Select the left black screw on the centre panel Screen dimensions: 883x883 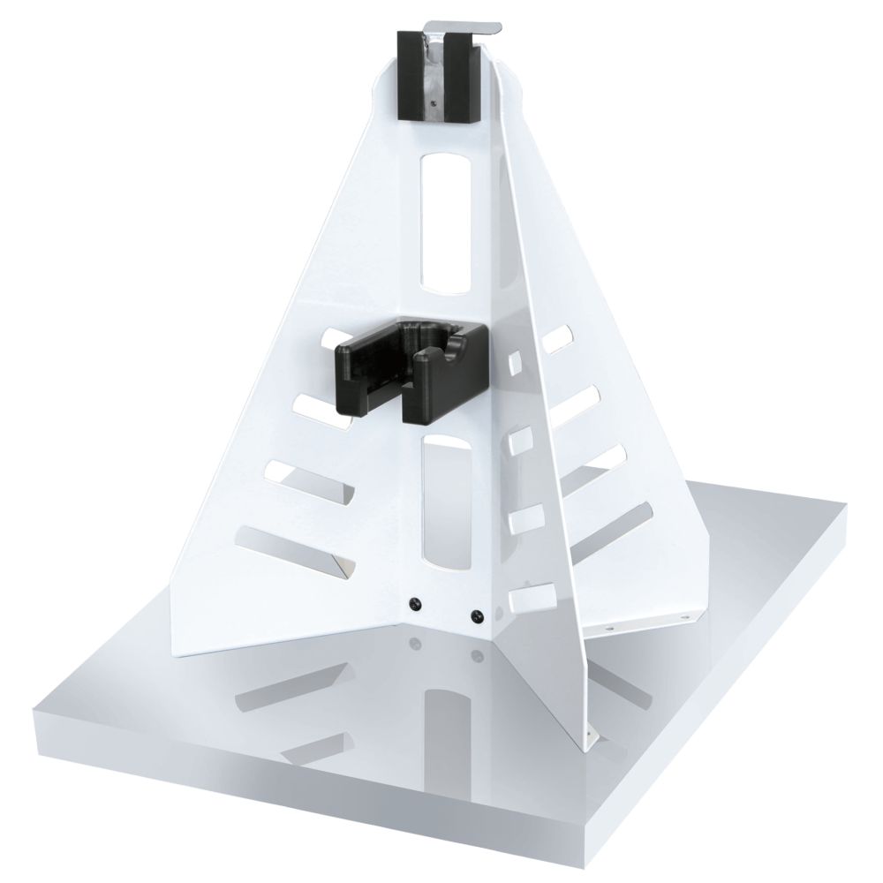pos(413,603)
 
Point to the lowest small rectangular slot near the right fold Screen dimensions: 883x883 pos(528,597)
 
